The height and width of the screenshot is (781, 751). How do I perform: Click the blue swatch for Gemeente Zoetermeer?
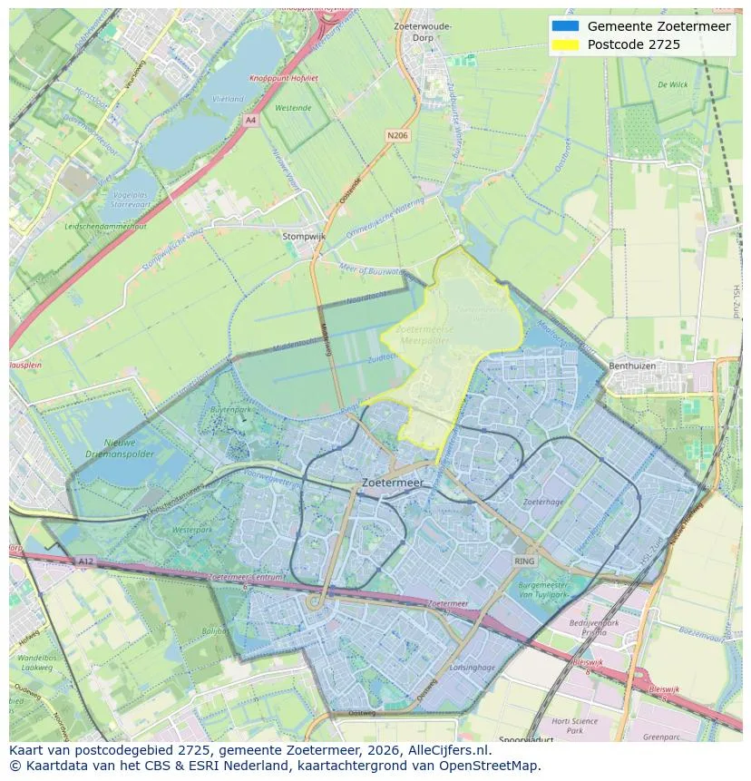564,26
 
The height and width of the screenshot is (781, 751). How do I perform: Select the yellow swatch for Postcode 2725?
564,44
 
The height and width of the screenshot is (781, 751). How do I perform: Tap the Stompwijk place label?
303,236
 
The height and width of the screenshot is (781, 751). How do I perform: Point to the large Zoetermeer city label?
393,483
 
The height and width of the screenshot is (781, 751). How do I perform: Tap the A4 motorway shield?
250,119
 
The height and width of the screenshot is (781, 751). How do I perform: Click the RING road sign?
525,561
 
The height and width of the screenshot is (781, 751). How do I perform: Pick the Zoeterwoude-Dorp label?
423,32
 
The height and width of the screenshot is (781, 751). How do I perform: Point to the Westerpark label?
191,528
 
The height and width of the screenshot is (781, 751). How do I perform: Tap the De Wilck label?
672,84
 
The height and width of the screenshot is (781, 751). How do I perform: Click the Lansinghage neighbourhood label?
473,668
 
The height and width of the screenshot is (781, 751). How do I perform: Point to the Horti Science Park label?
574,725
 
